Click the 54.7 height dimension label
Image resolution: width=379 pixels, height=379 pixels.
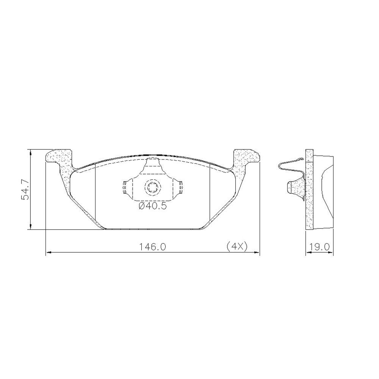[x=25, y=189]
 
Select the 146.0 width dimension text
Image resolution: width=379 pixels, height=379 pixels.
[x=152, y=247]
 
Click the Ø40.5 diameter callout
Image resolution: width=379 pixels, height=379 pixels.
[x=153, y=206]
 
